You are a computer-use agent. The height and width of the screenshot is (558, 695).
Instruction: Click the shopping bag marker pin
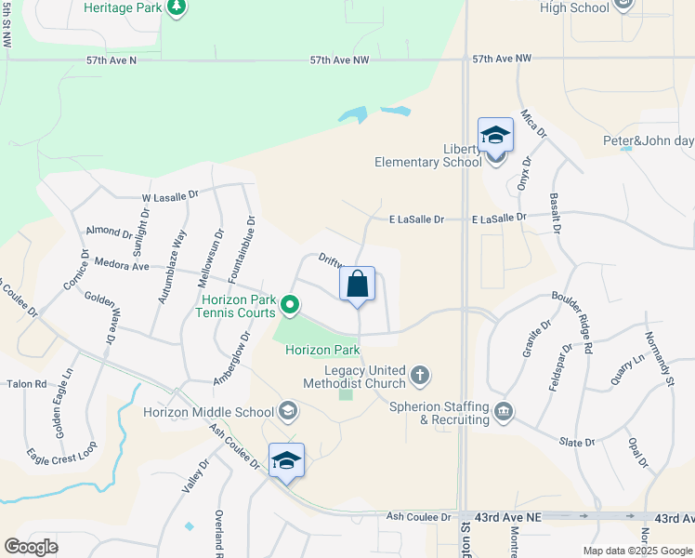pos(359,286)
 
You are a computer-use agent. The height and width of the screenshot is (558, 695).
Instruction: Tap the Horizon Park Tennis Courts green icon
pos(290,304)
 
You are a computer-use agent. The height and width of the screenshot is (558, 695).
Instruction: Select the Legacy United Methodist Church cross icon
pos(420,376)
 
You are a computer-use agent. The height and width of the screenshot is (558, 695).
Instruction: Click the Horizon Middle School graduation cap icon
pos(288,411)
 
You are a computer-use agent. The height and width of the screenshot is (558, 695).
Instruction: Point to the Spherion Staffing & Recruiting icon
pos(503,411)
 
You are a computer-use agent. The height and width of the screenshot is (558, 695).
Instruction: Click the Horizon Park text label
pos(322,351)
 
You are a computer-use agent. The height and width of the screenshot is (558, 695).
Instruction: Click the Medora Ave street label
pos(122,265)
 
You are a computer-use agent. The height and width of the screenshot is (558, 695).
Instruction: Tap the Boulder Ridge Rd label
pos(572,325)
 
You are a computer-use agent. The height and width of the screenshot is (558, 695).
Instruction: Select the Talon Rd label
pos(27,383)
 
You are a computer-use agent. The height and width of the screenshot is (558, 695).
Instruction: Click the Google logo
pos(32,546)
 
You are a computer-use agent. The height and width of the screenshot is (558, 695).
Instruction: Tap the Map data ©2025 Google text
pos(636,551)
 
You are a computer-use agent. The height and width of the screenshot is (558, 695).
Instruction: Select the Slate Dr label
pos(576,443)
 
